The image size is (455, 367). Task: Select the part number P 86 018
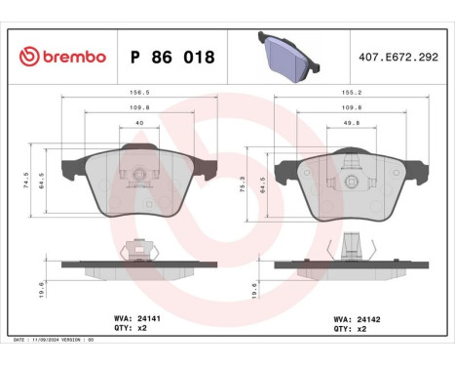pos(171,58)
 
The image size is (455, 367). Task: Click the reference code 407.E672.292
pos(398,58)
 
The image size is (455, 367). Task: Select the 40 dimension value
pos(139,124)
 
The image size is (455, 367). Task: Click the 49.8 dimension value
pos(353,124)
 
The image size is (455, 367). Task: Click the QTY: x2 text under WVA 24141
pos(131,330)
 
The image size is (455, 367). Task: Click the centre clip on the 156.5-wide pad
pos(139,176)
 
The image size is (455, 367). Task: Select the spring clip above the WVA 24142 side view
pos(355,250)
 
